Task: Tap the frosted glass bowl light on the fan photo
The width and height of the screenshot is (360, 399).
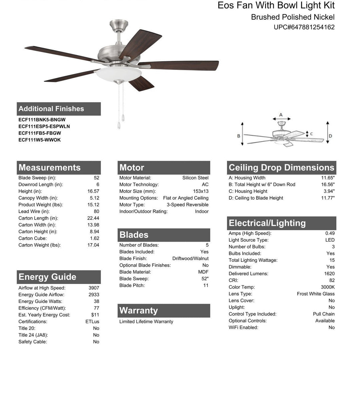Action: click(119, 74)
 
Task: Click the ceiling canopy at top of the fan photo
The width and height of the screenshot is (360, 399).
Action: click(119, 25)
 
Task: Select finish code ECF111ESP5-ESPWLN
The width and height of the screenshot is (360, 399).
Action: click(44, 126)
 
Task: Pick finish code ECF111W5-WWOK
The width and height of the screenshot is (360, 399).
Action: click(40, 140)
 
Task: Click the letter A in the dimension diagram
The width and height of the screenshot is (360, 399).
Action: click(281, 115)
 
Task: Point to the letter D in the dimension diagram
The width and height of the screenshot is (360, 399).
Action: click(330, 136)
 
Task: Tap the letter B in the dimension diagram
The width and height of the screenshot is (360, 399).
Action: click(239, 136)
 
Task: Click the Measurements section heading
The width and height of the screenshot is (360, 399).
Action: click(50, 168)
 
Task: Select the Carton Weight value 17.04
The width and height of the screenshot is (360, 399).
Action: click(93, 245)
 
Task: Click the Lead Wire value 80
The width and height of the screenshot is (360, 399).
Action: click(96, 211)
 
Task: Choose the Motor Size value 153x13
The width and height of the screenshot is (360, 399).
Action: click(201, 191)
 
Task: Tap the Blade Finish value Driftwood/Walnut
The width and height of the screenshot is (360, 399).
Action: click(190, 259)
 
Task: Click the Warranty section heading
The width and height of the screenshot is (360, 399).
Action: click(139, 311)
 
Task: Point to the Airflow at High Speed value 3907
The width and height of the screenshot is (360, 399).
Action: click(94, 288)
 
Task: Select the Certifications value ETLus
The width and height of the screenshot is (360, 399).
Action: click(92, 322)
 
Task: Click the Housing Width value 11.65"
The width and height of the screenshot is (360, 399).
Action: click(328, 178)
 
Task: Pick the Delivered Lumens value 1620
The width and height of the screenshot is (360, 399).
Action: click(329, 274)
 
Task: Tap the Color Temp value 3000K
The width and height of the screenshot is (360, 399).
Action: click(328, 287)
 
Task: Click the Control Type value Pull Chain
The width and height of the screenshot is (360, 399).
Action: click(324, 314)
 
